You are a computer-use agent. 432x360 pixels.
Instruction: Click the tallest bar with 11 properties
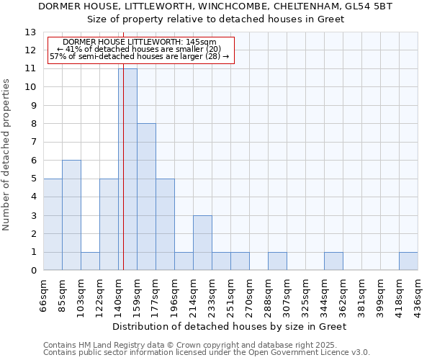coord(127,169)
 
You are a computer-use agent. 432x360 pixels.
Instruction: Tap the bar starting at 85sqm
coord(71,215)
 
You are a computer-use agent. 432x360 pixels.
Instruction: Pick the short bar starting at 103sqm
coord(90,261)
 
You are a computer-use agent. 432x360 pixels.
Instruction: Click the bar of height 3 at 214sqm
coord(202,243)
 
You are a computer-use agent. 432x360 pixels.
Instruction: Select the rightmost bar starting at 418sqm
coord(408,261)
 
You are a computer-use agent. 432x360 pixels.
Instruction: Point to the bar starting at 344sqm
coord(333,261)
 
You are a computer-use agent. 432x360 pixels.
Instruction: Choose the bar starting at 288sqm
coord(277,261)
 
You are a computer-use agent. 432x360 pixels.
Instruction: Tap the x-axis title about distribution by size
coord(230,326)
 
